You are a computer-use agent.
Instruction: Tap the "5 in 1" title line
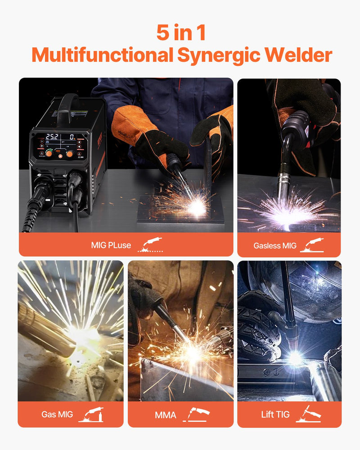[x=180, y=32]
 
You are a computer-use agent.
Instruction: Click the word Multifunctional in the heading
[x=102, y=55]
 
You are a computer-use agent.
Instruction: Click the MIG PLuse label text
[x=111, y=245]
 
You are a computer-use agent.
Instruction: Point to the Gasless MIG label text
[x=275, y=246]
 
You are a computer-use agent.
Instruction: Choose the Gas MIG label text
[x=57, y=414]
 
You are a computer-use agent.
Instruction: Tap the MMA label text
[x=166, y=414]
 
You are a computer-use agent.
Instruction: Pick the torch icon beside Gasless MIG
[x=312, y=245]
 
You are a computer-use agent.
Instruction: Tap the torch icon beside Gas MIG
[x=91, y=414]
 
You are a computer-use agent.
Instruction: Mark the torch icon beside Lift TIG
[x=309, y=414]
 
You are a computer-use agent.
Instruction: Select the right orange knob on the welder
[x=70, y=154]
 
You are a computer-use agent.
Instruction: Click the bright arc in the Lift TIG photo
[x=295, y=358]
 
